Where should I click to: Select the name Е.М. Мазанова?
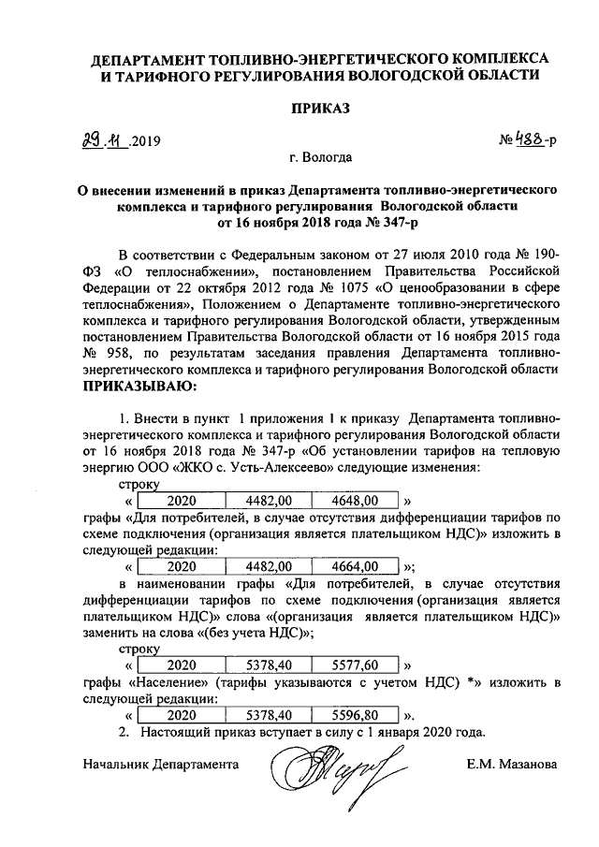coord(513,765)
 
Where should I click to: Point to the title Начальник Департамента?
coord(160,765)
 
